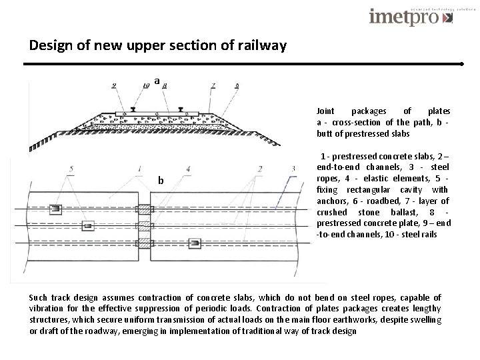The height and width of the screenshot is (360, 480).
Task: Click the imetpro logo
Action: [411, 16]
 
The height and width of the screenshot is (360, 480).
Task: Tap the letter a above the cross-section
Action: [157, 81]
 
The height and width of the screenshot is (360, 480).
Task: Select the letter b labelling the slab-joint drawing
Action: [161, 181]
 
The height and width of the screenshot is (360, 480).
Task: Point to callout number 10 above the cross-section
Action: [146, 85]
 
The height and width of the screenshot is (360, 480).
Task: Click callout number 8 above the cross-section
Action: [164, 85]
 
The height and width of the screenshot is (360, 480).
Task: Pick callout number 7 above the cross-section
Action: [213, 85]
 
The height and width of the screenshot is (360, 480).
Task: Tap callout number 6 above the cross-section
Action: [237, 85]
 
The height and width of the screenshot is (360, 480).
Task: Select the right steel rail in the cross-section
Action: [180, 109]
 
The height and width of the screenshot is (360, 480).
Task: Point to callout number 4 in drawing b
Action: [189, 169]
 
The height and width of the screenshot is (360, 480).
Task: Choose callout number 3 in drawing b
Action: [293, 168]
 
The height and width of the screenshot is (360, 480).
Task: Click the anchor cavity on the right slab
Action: [195, 243]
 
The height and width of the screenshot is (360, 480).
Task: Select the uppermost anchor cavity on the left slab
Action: [56, 209]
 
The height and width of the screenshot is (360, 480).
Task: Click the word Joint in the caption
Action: [326, 111]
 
